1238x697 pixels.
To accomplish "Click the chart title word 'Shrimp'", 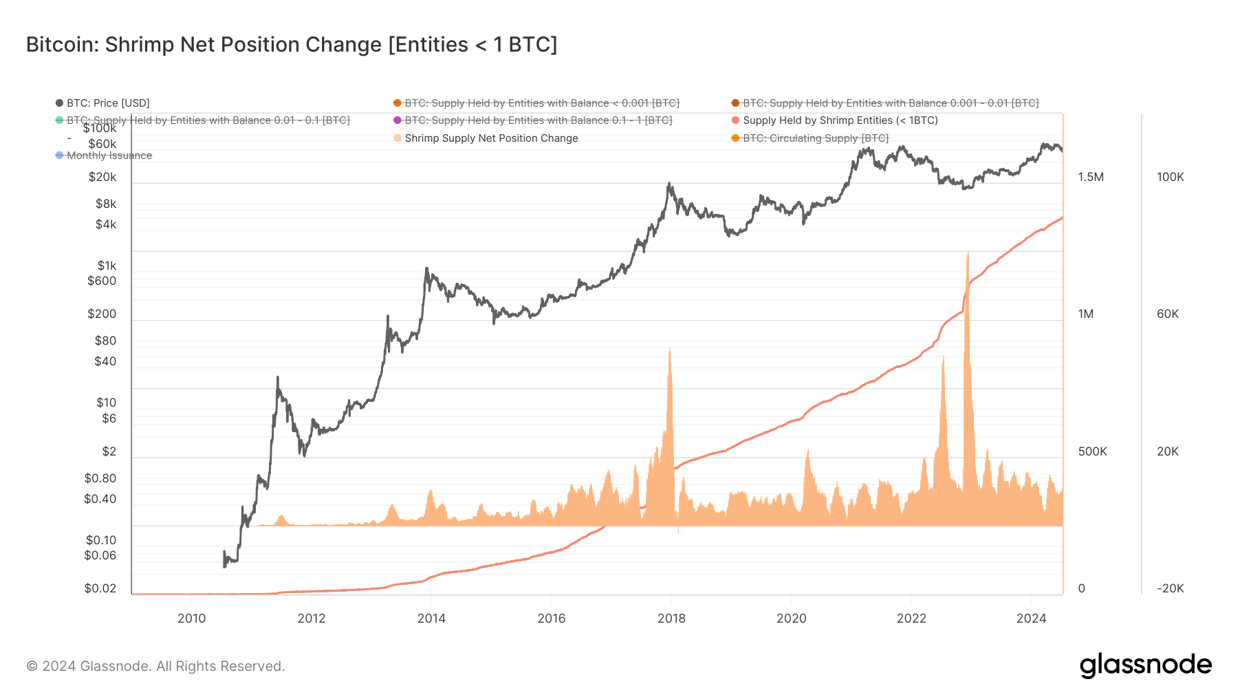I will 140,45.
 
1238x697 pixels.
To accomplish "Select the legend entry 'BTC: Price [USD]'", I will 107,103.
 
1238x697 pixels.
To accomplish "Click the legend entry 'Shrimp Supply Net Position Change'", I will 490,138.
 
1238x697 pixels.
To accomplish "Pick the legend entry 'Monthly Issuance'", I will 109,156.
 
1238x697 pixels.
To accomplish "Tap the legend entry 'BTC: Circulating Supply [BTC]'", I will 815,138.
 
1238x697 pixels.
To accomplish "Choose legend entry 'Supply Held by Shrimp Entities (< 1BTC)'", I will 840,120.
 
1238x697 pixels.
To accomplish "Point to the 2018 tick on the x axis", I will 671,618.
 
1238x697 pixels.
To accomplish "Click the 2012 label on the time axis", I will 311,618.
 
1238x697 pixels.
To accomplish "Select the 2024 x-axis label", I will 1031,618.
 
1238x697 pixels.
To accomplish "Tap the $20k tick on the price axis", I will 102,177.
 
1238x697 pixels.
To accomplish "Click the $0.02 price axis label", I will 100,588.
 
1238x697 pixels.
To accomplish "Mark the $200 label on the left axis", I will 102,314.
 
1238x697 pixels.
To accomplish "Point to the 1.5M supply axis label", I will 1091,177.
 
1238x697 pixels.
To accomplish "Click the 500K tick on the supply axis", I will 1092,451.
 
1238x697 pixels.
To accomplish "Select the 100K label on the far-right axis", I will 1170,177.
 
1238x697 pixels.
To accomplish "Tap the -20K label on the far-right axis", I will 1170,588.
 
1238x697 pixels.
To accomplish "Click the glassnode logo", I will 1145,665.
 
